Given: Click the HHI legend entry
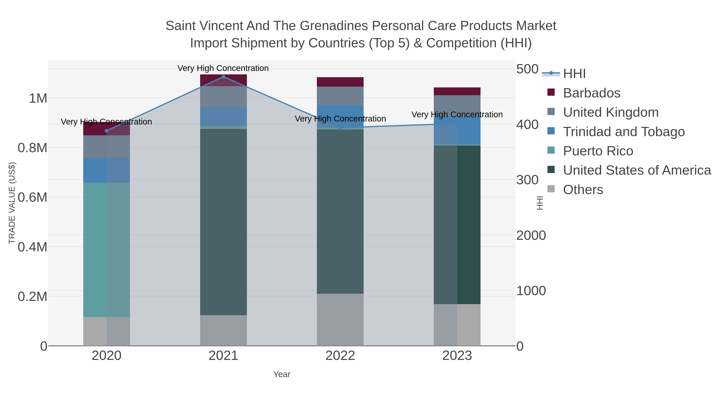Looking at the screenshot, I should click(x=574, y=74).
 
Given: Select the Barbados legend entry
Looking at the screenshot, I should click(x=591, y=93).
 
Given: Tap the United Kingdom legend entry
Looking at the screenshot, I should click(x=610, y=112).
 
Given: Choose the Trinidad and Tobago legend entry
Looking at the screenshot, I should click(x=624, y=132).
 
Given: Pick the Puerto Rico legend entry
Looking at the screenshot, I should click(x=598, y=151).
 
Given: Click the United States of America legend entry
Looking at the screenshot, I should click(x=637, y=170).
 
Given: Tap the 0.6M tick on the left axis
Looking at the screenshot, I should click(x=32, y=197).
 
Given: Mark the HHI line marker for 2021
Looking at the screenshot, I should click(x=223, y=77).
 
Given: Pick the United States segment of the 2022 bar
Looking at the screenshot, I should click(x=340, y=212).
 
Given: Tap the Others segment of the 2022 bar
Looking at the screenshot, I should click(x=340, y=319).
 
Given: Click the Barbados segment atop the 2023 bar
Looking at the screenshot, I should click(x=457, y=91).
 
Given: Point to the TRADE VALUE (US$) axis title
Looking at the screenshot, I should click(x=12, y=203).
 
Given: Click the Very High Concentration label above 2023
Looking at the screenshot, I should click(x=457, y=115).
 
